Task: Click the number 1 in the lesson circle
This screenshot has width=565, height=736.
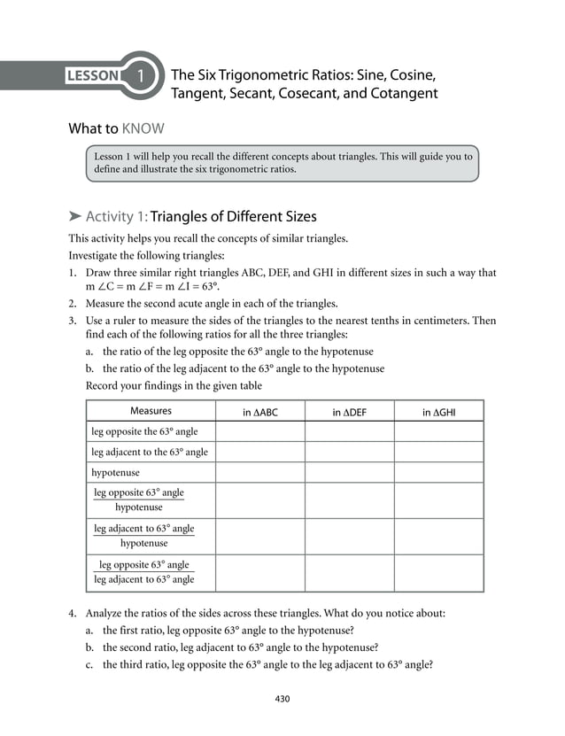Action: click(x=141, y=75)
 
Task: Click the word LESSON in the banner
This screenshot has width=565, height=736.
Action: click(x=93, y=75)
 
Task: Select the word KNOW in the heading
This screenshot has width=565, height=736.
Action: click(x=143, y=128)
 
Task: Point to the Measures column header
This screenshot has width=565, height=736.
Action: click(x=151, y=411)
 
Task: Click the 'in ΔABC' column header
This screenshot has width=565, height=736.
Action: click(x=260, y=412)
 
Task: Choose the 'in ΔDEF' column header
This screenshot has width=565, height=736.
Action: click(x=349, y=412)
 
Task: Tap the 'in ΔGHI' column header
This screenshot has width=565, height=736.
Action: click(x=438, y=412)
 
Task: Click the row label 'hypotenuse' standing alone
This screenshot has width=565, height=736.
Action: click(x=115, y=472)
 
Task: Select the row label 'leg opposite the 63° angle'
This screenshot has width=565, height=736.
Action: click(x=144, y=431)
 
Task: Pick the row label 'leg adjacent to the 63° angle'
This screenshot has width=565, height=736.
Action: click(x=150, y=452)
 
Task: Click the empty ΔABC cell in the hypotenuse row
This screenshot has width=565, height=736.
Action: click(x=260, y=472)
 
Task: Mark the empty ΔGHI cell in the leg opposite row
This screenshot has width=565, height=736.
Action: click(x=438, y=431)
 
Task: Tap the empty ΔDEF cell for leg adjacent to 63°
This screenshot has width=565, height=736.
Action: click(x=349, y=452)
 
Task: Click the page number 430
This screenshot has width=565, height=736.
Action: click(x=282, y=699)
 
